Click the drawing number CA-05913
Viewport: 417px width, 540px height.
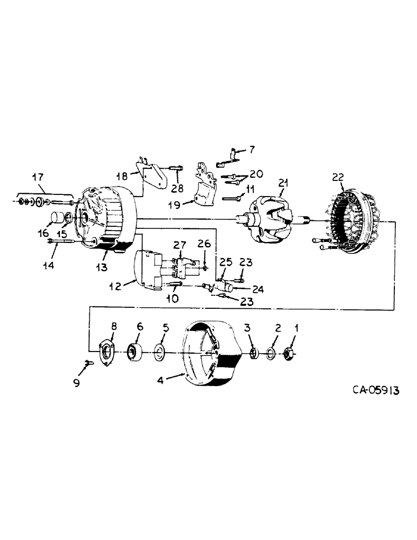[369, 390]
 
